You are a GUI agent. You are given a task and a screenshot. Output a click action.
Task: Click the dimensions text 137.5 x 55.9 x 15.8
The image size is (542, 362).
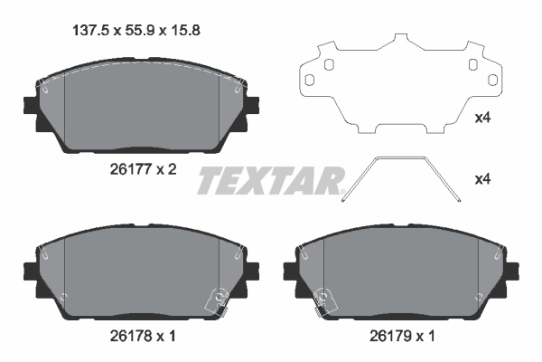[135, 29]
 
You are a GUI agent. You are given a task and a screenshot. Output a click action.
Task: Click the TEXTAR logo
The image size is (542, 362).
[270, 180]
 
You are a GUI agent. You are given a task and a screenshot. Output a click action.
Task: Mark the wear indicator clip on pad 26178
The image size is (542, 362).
[217, 300]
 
